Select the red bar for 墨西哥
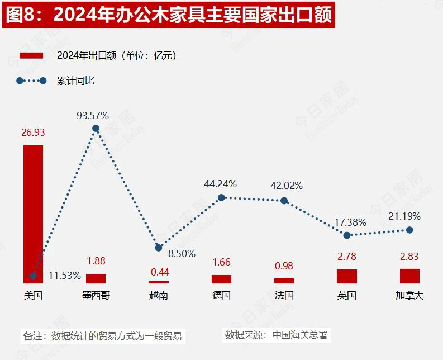tap(96, 278)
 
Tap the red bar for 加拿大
tap(409, 276)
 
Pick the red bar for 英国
tap(347, 276)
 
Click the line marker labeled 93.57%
tap(96, 128)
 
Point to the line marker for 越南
tap(159, 247)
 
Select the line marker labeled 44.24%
tap(221, 197)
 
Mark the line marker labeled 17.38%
tap(347, 235)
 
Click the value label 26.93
tap(33, 133)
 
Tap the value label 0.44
tap(159, 272)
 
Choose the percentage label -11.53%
tap(62, 276)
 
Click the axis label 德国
tap(221, 295)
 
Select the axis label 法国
tap(284, 295)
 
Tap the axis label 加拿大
tap(409, 295)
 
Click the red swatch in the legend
tap(31, 55)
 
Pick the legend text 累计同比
tap(76, 81)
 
